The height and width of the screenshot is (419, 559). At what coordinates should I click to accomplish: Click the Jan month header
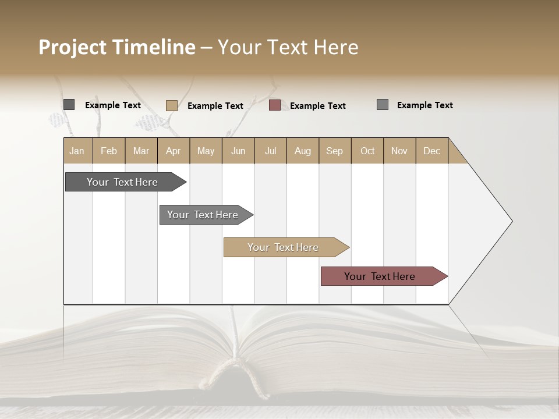(x=77, y=151)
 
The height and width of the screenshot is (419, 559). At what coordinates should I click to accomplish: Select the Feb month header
(x=109, y=151)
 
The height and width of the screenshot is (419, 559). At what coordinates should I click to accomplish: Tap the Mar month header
(x=141, y=151)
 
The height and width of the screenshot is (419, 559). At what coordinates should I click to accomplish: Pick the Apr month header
(x=174, y=151)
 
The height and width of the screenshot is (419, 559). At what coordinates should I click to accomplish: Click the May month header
(x=206, y=151)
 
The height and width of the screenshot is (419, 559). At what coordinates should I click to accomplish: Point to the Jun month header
(x=238, y=151)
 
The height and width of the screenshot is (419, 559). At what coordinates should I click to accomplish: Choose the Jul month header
(x=270, y=151)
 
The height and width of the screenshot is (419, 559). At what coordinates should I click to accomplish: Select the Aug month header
(x=303, y=151)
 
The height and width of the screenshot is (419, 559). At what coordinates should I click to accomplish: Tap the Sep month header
(x=335, y=151)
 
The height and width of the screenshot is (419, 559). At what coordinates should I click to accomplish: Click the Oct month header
(x=367, y=151)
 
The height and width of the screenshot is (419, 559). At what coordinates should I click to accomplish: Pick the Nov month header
(x=399, y=151)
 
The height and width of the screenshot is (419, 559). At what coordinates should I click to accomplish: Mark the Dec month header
(x=432, y=151)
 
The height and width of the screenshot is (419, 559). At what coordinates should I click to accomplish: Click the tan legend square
(x=172, y=105)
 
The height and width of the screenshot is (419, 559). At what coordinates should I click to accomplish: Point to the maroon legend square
(x=275, y=105)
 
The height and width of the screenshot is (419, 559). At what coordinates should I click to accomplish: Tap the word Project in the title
(x=72, y=47)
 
